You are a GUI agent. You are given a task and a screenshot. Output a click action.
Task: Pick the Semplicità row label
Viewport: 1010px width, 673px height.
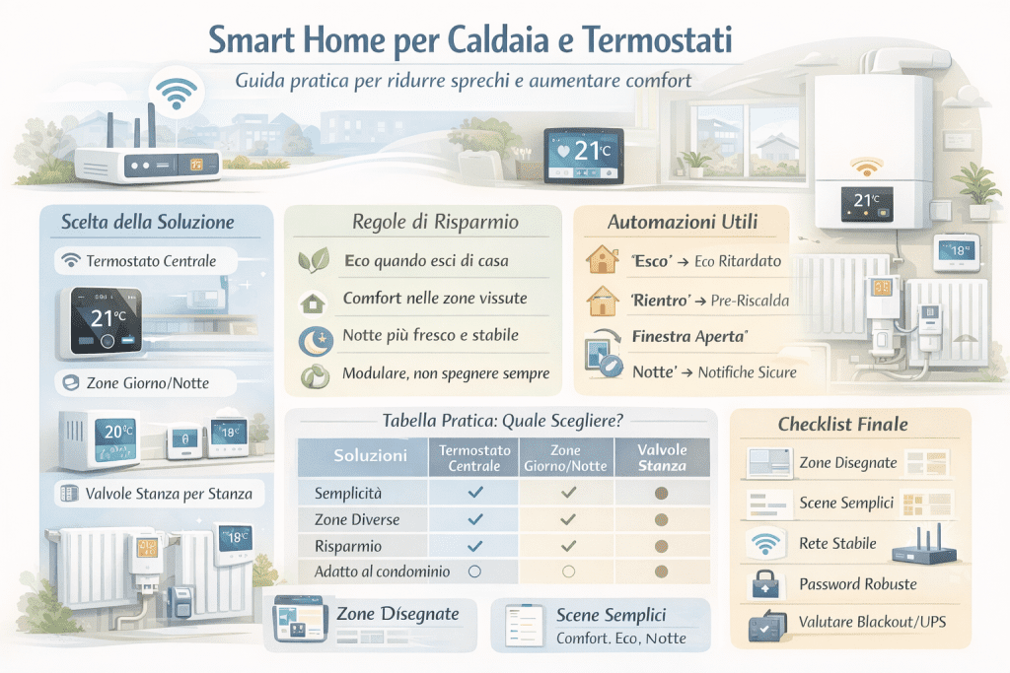click(347, 492)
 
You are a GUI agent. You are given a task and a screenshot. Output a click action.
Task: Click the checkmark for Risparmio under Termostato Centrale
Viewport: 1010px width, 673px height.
click(475, 545)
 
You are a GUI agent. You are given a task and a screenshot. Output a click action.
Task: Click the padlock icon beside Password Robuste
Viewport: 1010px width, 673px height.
click(763, 584)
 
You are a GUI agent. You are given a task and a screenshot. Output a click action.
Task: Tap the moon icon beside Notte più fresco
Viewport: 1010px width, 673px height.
click(313, 339)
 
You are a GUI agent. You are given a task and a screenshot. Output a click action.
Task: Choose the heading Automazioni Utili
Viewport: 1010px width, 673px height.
click(684, 223)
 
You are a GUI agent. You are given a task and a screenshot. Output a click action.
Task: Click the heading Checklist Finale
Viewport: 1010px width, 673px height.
click(842, 425)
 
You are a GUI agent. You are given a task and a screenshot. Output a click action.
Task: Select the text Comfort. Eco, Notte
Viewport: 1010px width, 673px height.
click(620, 639)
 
